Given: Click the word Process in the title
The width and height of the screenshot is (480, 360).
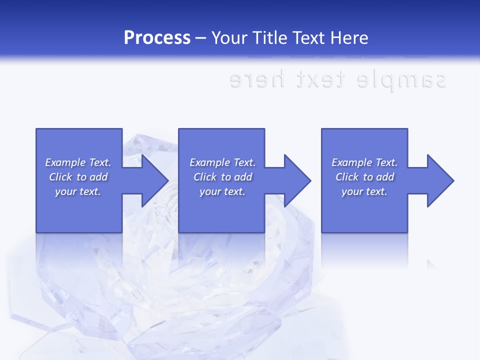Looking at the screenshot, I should point(157,38).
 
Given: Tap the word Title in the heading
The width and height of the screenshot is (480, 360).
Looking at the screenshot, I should point(272,38).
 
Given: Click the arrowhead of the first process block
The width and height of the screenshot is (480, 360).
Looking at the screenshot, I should point(154,180).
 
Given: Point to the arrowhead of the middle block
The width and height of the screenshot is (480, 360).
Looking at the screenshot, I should point(297,180).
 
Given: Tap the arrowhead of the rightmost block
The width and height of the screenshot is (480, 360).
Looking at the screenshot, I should point(440,180).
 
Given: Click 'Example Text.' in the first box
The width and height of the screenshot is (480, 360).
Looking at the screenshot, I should point(78,162).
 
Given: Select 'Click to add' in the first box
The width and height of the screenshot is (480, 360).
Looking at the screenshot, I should point(78,177).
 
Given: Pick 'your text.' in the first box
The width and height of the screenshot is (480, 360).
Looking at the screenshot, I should point(78,191).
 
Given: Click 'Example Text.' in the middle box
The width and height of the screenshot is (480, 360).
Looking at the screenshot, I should point(222,162).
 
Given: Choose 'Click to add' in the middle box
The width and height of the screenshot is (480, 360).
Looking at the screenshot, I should point(222,177).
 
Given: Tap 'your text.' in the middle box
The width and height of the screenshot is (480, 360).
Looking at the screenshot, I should point(222,191).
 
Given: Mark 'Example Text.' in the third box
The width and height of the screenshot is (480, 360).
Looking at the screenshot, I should point(364,162).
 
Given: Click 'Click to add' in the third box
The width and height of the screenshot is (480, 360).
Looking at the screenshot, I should point(364,177).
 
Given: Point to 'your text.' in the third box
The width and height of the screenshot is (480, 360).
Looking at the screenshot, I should point(364,191).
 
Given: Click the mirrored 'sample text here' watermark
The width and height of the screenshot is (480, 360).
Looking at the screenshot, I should point(337,80).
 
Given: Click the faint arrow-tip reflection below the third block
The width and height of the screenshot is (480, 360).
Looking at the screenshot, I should point(431,264).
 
